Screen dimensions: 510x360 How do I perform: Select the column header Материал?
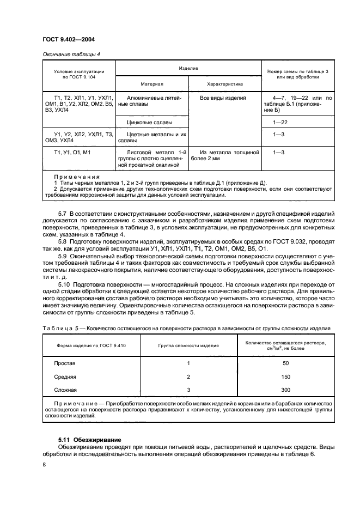152,84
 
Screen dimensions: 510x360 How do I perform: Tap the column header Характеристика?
225,84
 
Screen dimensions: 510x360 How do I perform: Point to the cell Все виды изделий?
223,98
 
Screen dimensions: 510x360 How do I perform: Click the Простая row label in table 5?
64,363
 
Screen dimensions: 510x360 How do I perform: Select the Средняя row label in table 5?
65,377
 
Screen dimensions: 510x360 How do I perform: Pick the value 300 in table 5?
286,390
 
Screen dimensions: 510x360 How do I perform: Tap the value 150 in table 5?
286,377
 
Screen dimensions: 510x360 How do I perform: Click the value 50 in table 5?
286,363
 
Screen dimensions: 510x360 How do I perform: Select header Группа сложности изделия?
188,345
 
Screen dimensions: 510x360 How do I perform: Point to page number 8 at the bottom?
45,464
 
